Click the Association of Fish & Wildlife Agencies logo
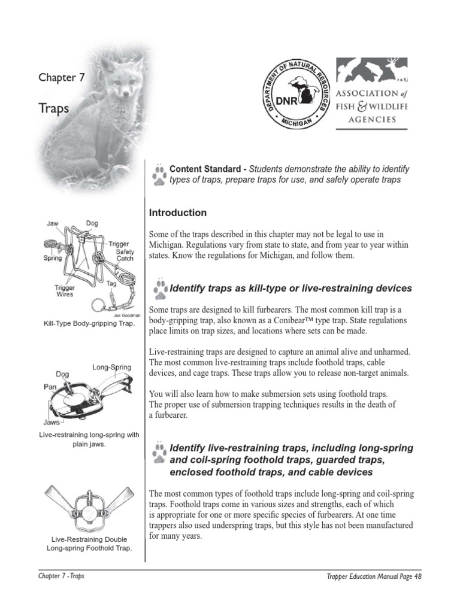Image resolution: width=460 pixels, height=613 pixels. click(371, 93)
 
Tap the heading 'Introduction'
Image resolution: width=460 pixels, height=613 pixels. click(178, 213)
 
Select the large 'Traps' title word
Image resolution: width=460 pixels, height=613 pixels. click(53, 108)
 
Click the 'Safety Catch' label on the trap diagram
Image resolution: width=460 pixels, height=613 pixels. click(125, 255)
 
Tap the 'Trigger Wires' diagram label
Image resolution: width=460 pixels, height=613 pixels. click(64, 292)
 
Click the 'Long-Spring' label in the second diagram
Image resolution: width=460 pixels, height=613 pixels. click(111, 366)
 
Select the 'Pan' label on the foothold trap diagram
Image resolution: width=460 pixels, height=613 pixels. click(50, 387)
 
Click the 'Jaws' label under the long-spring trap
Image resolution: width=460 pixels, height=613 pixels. click(52, 421)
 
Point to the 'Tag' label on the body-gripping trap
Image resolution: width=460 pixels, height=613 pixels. click(111, 284)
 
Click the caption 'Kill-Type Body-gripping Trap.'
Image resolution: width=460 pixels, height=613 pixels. click(89, 324)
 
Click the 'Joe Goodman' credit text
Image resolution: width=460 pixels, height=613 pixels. click(127, 315)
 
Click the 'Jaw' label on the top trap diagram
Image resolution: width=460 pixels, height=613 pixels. click(53, 223)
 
